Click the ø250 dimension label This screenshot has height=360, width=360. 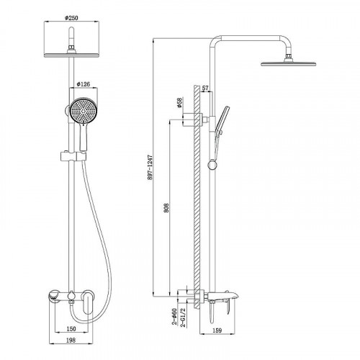pyautogui.click(x=71, y=18)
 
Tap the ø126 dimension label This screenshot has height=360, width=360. pyautogui.click(x=83, y=84)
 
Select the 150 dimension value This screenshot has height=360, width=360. pyautogui.click(x=71, y=328)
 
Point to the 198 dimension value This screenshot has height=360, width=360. pyautogui.click(x=71, y=340)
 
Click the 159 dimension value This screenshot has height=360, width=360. pyautogui.click(x=217, y=330)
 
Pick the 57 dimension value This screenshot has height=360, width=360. pyautogui.click(x=205, y=88)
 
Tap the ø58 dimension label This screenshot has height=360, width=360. pyautogui.click(x=179, y=103)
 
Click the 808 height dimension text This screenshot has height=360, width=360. pyautogui.click(x=166, y=208)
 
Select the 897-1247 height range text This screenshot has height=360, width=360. pyautogui.click(x=150, y=167)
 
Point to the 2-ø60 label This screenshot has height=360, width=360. pyautogui.click(x=174, y=317)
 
